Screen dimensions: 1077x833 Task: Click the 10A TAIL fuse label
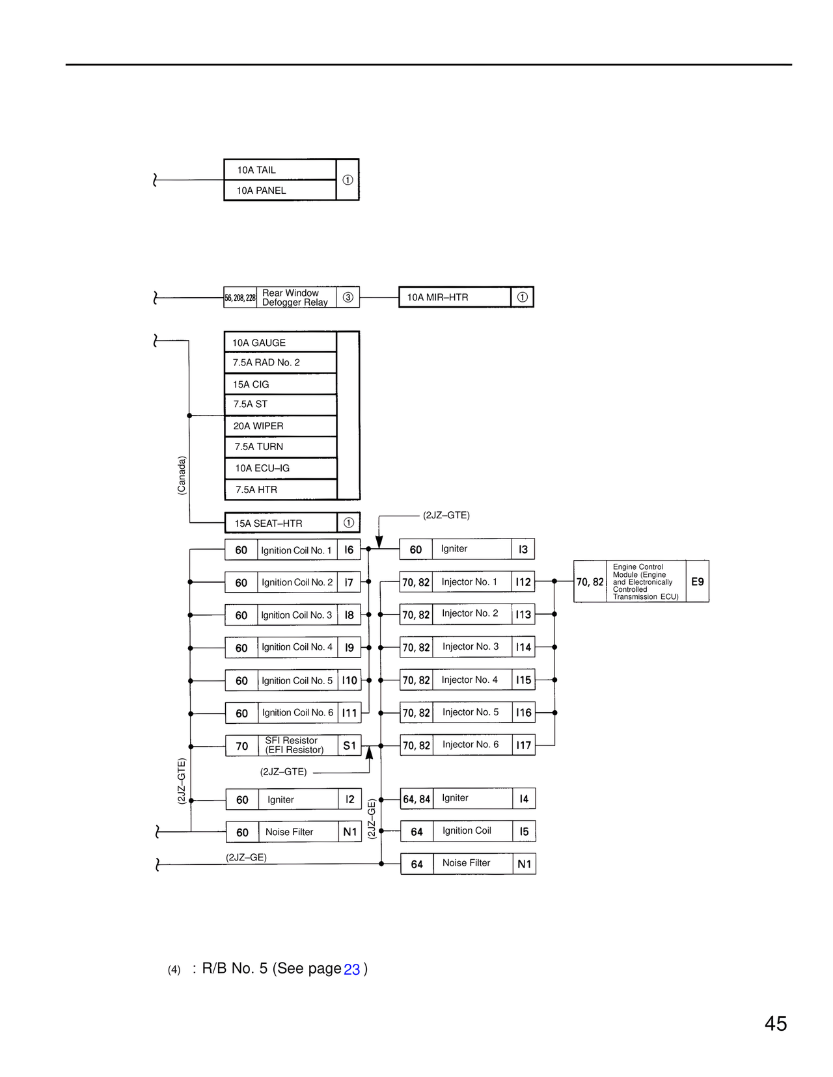pos(256,170)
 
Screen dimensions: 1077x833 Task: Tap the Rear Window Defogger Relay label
pos(295,297)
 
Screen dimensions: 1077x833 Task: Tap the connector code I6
pos(349,550)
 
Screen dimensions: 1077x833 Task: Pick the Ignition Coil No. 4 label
pos(297,647)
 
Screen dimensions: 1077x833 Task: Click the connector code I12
pos(523,582)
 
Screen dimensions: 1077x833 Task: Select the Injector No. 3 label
pos(471,646)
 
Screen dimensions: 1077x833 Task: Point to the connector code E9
pos(697,581)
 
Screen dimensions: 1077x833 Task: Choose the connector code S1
pos(349,746)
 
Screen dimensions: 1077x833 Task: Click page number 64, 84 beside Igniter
pos(416,799)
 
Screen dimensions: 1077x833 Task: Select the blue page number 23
pos(351,969)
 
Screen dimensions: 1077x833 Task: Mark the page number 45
pos(776,1024)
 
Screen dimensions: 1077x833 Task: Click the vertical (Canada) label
pos(182,475)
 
